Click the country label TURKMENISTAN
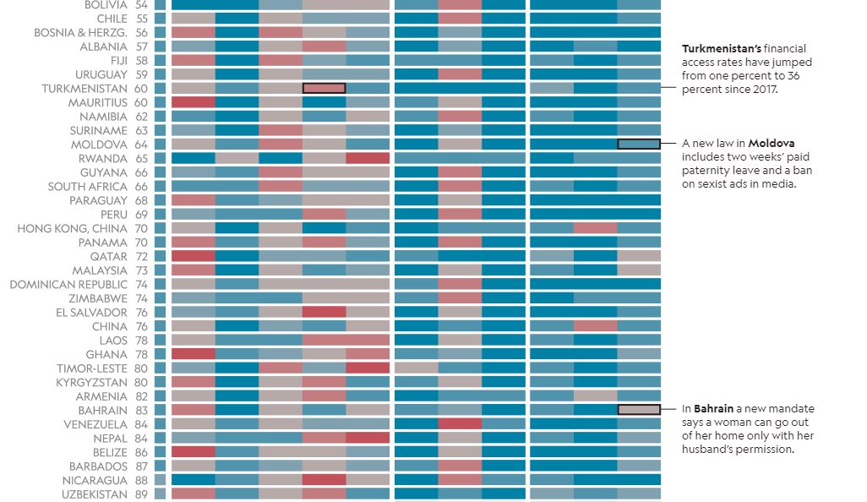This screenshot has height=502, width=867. [85, 89]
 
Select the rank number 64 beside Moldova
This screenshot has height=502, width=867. [140, 145]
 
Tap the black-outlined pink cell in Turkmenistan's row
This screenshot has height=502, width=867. [324, 88]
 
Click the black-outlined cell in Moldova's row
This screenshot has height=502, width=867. [639, 144]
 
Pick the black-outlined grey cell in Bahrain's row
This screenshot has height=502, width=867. [639, 409]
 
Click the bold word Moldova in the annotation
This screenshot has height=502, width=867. [771, 144]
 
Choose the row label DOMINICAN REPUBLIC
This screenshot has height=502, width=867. [68, 284]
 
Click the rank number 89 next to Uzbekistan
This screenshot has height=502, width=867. [140, 494]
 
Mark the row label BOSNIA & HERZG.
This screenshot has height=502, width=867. [80, 33]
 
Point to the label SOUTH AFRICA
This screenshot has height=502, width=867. [88, 187]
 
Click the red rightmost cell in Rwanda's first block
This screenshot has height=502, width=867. [368, 158]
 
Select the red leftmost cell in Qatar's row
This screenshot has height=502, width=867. [193, 256]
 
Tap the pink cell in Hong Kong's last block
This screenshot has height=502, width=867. [595, 228]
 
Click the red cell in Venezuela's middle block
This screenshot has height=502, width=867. [460, 423]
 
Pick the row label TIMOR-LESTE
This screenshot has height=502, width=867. [92, 368]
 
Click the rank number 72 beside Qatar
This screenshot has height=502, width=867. [140, 256]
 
